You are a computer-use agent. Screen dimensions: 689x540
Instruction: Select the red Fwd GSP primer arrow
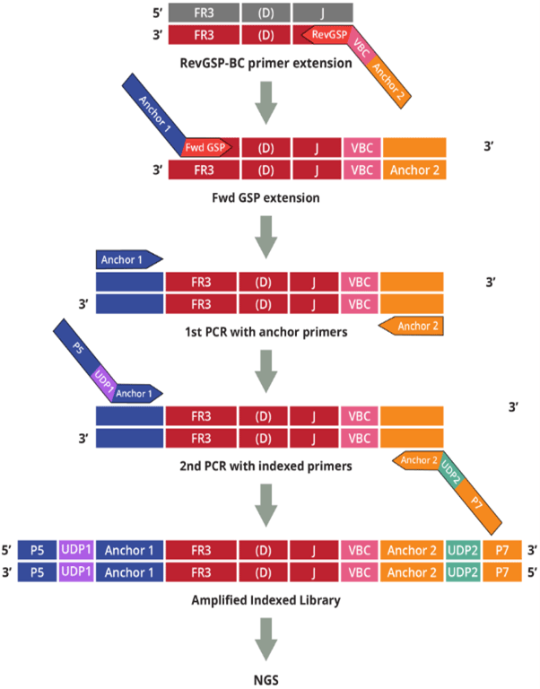point(206,146)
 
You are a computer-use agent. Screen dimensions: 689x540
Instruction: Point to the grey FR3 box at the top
point(203,12)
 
